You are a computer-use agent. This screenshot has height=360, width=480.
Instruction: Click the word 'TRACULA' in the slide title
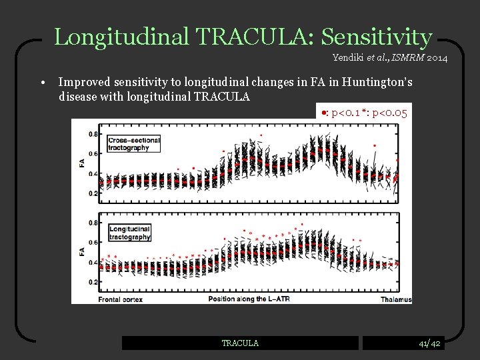[x=255, y=37]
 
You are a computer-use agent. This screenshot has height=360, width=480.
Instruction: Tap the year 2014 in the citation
[x=436, y=59]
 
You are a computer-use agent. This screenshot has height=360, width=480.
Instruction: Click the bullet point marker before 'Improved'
[x=42, y=83]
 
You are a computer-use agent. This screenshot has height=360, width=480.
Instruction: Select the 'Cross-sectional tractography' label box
[x=134, y=144]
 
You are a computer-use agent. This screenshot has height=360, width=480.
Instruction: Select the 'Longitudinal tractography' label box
[x=130, y=233]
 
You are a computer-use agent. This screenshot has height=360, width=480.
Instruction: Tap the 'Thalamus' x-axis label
[x=396, y=299]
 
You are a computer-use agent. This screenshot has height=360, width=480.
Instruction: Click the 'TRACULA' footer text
[x=240, y=343]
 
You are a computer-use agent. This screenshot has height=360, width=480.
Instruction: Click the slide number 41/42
[x=429, y=343]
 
